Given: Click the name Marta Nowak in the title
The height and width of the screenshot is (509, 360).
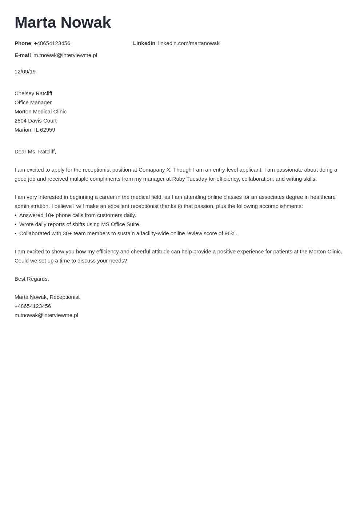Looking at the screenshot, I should point(63,23).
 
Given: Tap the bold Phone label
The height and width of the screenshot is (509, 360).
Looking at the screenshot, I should point(23,43).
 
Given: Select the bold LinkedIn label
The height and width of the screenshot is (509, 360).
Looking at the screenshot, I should point(144,43).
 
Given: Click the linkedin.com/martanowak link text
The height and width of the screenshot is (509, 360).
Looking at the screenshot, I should point(189,43).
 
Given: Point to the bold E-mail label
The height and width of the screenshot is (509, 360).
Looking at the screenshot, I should point(23,55).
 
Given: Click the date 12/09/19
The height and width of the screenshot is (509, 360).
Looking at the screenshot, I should point(25,72).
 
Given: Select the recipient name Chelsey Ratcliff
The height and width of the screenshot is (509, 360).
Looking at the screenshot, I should point(33,93).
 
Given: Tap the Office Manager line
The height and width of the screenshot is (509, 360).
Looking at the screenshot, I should point(33,103).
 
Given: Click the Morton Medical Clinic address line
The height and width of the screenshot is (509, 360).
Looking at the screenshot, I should point(40,112).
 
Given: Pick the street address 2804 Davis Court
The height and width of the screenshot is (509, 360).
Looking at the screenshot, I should point(36,121).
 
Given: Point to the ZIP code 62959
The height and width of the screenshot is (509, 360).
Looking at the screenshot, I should point(48,130).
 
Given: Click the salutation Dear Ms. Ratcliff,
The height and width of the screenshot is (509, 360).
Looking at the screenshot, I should point(35,152).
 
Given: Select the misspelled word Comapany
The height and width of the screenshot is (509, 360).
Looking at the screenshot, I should point(152,170).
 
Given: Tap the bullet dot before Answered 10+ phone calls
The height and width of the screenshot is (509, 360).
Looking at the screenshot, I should point(16,215).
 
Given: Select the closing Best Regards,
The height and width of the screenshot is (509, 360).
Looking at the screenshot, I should point(32,279).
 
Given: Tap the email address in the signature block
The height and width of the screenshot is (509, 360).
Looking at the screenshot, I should point(46,315).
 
